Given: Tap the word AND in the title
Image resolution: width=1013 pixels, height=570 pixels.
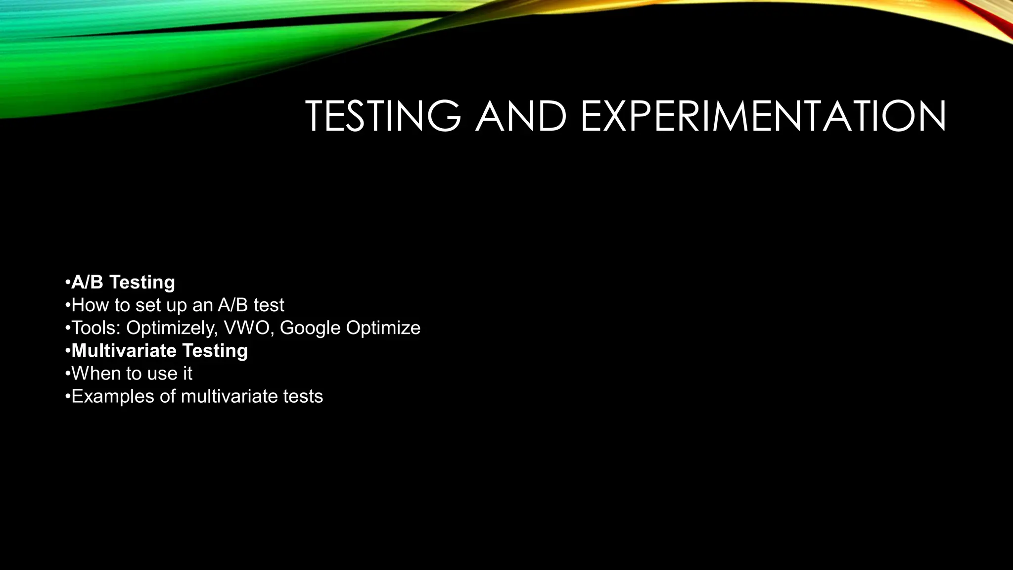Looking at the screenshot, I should click(x=520, y=116).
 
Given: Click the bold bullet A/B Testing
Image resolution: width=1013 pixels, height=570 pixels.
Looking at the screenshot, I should click(x=123, y=282).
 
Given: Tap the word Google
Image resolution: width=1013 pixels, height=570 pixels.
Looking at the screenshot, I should click(x=310, y=328).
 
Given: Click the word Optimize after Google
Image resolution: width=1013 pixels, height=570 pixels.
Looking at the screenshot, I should click(x=383, y=328).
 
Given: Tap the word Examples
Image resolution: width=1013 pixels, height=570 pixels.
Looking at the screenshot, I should click(x=113, y=396).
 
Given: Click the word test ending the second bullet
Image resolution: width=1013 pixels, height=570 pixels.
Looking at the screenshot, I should click(x=269, y=305).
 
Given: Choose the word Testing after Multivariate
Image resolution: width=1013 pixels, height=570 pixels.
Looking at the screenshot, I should click(x=215, y=350).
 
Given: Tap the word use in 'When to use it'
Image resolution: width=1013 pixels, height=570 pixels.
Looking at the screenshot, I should click(x=162, y=373).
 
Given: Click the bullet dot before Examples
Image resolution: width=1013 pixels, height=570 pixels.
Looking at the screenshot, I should click(x=67, y=397).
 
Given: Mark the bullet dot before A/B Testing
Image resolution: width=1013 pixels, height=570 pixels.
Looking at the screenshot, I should click(x=67, y=283).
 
